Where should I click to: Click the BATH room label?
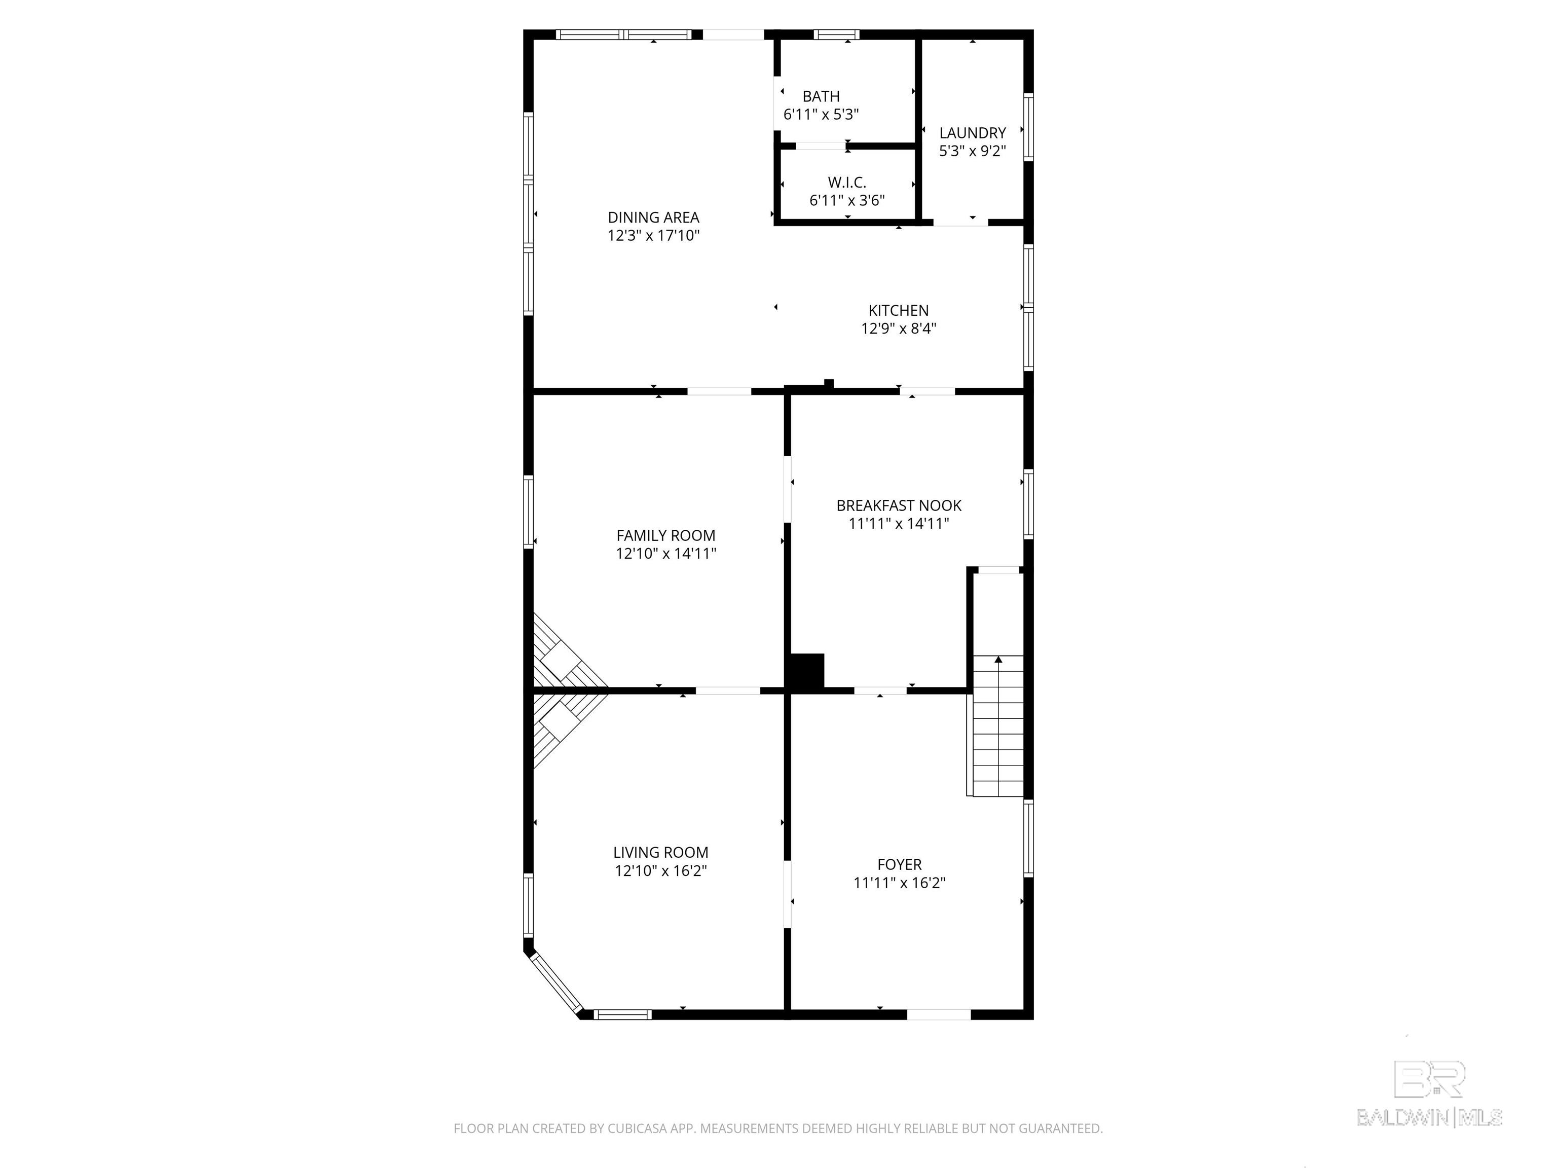pos(821,96)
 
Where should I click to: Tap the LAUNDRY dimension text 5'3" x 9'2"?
pos(972,151)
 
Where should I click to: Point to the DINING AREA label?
pos(653,217)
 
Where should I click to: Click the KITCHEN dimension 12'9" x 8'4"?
pos(898,328)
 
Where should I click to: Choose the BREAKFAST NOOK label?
pos(898,505)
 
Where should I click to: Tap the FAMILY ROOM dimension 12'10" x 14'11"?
pos(666,554)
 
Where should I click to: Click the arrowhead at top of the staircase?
pos(998,660)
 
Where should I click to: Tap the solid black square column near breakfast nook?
pos(807,671)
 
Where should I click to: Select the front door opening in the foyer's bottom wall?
pos(938,1014)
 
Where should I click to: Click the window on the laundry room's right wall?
pos(1028,127)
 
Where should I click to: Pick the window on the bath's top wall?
pos(836,34)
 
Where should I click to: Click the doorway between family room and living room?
pos(728,690)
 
